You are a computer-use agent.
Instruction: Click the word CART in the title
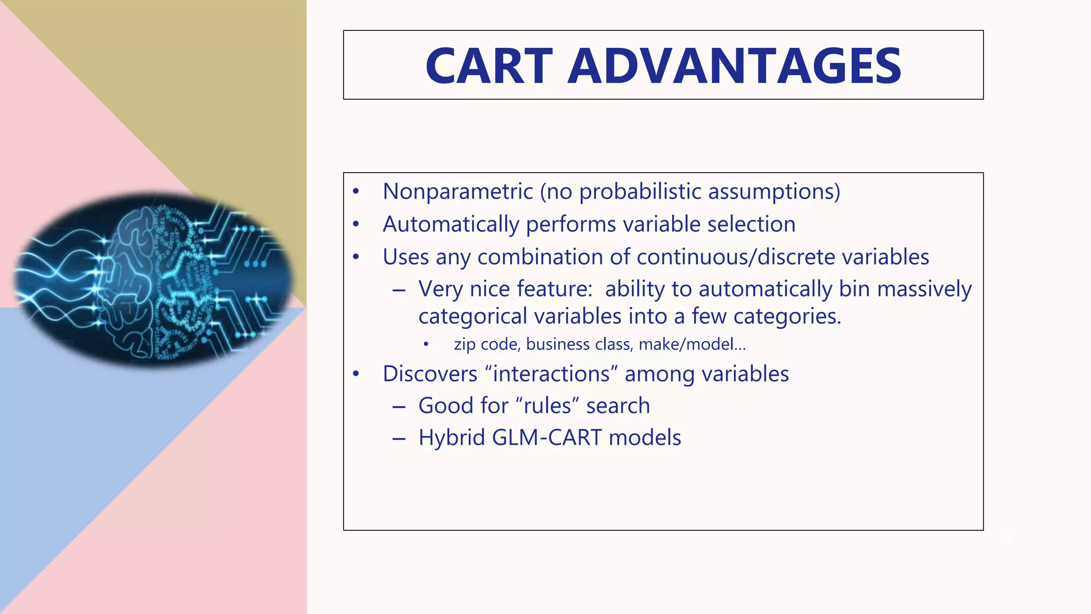click(x=489, y=66)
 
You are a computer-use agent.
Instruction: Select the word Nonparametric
click(x=457, y=191)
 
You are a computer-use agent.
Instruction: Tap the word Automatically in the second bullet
click(x=451, y=224)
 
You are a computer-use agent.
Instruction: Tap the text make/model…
click(x=692, y=344)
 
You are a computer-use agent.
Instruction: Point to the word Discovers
click(x=429, y=374)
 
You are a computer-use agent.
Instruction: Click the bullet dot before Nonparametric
click(x=356, y=192)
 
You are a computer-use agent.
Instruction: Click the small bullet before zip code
click(x=426, y=344)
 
